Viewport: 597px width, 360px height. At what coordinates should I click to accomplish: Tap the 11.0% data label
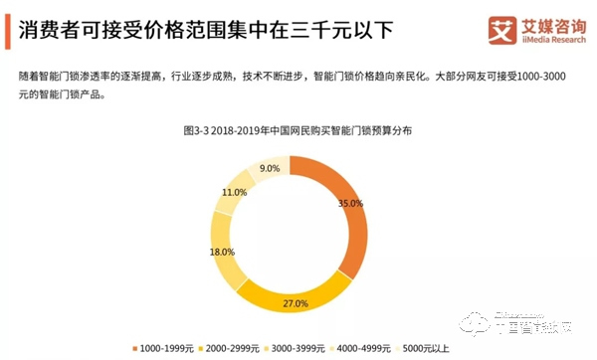pos(235,192)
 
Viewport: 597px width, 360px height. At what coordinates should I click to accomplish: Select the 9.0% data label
pos(269,169)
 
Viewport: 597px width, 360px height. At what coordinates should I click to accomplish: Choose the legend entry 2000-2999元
pos(231,346)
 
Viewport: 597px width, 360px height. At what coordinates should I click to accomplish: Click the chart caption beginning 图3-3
pos(298,130)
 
